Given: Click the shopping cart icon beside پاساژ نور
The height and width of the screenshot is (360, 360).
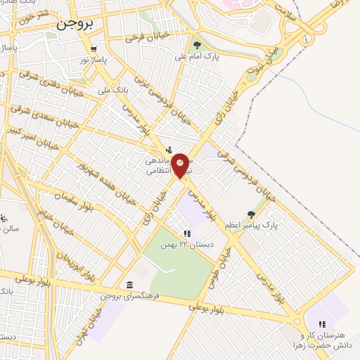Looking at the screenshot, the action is coord(93,49).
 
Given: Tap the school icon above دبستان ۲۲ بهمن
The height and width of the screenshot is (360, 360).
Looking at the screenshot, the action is coord(186,233).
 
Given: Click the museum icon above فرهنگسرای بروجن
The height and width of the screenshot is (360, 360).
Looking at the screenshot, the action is coord(129,285).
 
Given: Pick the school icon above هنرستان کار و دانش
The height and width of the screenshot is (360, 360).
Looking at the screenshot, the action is coord(321,324).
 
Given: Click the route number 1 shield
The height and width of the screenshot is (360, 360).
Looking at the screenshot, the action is coord(306,40).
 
